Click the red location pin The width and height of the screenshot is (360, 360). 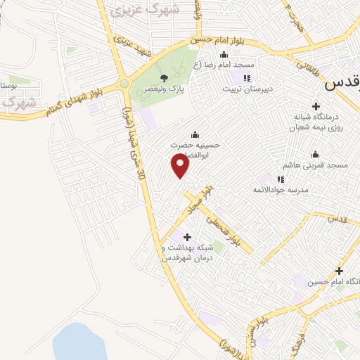(181, 166)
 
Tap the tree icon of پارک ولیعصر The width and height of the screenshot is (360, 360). (164, 78)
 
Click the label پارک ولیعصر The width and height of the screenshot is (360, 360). (163, 89)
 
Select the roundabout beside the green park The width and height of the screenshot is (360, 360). (124, 84)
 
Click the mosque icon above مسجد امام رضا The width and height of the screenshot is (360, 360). (224, 56)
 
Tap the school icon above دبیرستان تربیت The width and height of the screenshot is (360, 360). (247, 78)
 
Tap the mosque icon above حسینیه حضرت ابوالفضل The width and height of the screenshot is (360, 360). (194, 135)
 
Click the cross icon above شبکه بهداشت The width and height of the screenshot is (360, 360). (186, 237)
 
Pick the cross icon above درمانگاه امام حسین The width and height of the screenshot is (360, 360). (340, 271)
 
